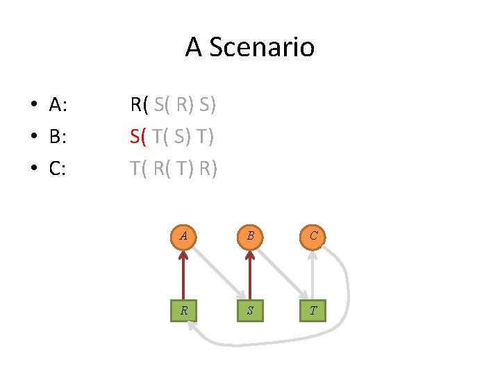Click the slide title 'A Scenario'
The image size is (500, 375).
click(250, 47)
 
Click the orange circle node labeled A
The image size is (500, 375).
click(183, 236)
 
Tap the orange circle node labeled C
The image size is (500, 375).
click(314, 236)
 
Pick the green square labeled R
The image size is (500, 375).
click(183, 310)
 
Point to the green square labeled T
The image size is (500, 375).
click(314, 310)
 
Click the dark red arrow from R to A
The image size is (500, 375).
click(183, 274)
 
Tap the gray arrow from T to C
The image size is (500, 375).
click(314, 274)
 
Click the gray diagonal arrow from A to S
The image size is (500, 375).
click(217, 272)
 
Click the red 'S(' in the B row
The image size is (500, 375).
click(138, 137)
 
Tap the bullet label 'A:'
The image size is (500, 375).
click(58, 106)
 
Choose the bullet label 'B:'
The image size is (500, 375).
click(58, 137)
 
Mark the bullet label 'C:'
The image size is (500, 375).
click(58, 168)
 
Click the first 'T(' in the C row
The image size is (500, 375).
click(139, 168)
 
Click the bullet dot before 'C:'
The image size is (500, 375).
click(33, 169)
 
